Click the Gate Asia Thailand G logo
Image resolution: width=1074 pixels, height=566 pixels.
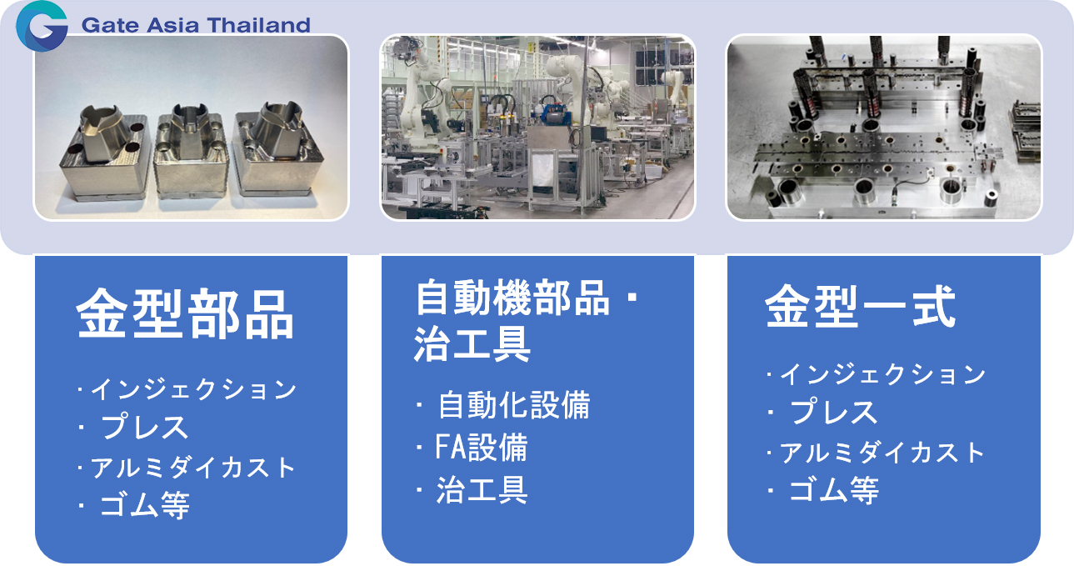(41, 26)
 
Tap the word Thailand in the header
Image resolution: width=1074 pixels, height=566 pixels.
(259, 25)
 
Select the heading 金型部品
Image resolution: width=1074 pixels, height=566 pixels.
(185, 314)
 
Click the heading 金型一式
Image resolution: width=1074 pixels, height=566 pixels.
(860, 307)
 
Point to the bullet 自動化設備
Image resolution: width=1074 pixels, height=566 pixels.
(514, 405)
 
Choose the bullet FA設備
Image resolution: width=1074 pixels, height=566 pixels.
(482, 447)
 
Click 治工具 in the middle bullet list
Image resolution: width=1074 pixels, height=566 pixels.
(482, 490)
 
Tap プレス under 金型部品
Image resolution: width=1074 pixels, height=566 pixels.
(144, 427)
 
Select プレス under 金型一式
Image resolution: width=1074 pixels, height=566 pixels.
(834, 412)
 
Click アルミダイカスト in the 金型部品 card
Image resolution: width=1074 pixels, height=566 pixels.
(192, 468)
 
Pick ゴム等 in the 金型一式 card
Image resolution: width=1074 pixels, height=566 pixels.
(834, 490)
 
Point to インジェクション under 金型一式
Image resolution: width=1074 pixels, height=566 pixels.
(882, 374)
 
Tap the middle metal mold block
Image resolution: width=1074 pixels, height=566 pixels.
(192, 151)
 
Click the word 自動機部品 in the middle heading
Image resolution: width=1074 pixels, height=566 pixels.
(512, 298)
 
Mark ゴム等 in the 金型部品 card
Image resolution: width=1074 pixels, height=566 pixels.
(144, 505)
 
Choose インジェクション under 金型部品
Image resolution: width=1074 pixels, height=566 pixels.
(193, 389)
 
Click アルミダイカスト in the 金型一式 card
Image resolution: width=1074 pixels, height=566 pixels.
(882, 453)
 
